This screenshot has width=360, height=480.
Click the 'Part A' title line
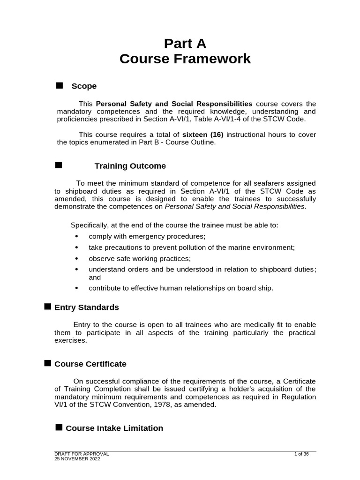click(185, 44)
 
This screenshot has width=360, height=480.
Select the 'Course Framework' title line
click(185, 60)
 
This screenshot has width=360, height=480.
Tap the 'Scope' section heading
click(84, 86)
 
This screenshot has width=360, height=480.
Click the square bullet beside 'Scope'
click(59, 85)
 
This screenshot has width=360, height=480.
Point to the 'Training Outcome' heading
click(130, 166)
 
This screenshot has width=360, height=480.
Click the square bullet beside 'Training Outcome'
click(59, 165)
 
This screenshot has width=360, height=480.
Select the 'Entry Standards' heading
click(87, 307)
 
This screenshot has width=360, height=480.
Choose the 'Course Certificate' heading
click(90, 364)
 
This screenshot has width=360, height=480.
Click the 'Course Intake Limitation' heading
click(114, 428)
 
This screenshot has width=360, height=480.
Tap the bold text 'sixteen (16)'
click(203, 135)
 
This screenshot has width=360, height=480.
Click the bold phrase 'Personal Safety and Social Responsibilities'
click(174, 103)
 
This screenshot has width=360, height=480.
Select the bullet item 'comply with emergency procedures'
click(147, 236)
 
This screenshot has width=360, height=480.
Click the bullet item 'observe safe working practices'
click(140, 258)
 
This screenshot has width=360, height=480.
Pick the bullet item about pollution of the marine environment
click(192, 247)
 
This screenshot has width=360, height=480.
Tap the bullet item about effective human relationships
click(180, 288)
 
